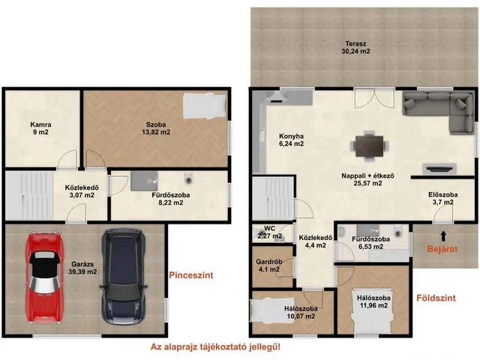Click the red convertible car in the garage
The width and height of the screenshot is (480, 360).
pyautogui.click(x=45, y=277)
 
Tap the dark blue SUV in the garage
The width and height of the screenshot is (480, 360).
pyautogui.click(x=123, y=277)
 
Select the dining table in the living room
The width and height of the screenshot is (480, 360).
pyautogui.click(x=370, y=145)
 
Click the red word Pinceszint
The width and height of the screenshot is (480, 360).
pyautogui.click(x=191, y=275)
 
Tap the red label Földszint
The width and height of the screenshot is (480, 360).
pyautogui.click(x=436, y=298)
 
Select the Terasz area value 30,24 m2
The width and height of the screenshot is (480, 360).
pyautogui.click(x=355, y=51)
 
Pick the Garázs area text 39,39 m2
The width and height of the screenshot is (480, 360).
pyautogui.click(x=82, y=271)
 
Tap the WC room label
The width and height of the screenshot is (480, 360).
pyautogui.click(x=270, y=229)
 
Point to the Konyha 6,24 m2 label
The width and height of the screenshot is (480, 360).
pyautogui.click(x=291, y=140)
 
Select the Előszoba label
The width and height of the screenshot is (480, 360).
pyautogui.click(x=443, y=195)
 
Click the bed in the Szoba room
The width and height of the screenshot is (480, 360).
pyautogui.click(x=205, y=105)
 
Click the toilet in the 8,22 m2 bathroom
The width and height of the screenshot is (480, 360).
pyautogui.click(x=189, y=178)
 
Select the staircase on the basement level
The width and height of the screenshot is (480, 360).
pyautogui.click(x=29, y=195)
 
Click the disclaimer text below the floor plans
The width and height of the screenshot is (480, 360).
pyautogui.click(x=215, y=346)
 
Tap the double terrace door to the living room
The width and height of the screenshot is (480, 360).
pyautogui.click(x=374, y=98)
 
